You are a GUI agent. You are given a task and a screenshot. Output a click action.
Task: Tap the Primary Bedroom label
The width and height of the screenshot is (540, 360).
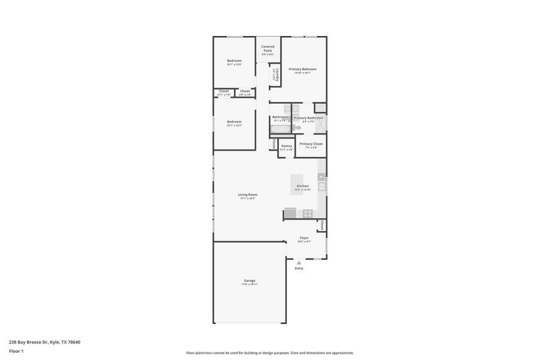302,69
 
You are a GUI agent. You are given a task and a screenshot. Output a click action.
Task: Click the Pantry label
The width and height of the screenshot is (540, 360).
286,146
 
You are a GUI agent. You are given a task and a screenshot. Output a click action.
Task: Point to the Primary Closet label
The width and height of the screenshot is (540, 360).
311,144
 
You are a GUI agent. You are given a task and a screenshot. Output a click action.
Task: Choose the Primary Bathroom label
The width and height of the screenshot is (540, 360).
308,118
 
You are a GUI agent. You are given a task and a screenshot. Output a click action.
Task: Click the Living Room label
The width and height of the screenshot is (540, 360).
247,194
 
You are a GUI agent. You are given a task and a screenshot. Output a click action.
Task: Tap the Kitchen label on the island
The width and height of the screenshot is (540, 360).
302,187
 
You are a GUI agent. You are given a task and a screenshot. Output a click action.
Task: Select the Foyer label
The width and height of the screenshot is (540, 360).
304,238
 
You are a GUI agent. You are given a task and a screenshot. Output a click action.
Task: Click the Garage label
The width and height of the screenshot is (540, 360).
250,281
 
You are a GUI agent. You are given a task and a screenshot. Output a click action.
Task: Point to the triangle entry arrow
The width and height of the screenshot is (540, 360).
299,262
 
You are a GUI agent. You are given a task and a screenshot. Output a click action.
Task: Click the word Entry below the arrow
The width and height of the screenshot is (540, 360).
299,268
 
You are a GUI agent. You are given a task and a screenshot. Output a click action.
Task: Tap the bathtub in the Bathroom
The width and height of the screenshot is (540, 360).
280,128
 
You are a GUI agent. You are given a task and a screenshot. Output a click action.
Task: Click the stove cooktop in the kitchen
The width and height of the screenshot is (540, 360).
307,213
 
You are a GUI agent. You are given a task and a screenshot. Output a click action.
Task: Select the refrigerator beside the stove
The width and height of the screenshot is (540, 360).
290,213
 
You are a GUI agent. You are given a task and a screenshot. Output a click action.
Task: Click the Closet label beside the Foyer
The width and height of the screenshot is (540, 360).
322,226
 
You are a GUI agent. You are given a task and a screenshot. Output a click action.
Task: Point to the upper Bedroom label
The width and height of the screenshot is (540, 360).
234,61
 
